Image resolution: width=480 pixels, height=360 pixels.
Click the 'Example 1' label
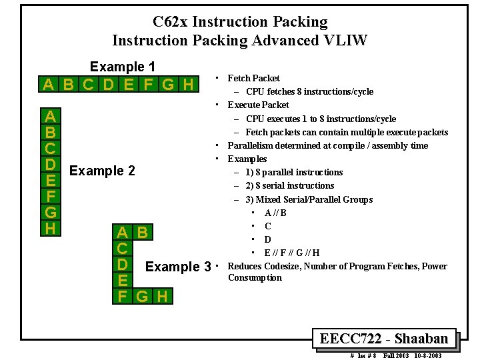point(123,67)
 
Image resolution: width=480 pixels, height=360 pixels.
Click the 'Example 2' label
point(102,171)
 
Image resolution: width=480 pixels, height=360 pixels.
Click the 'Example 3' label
point(178,267)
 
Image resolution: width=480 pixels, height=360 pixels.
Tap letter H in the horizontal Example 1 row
point(188,85)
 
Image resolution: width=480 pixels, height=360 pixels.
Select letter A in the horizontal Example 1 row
point(49,85)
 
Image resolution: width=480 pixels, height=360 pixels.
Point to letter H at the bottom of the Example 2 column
point(49,228)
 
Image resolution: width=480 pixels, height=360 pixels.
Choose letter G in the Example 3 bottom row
point(142,295)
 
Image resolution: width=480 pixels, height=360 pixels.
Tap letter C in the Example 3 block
point(123,249)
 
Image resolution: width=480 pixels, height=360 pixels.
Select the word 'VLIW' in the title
point(345,41)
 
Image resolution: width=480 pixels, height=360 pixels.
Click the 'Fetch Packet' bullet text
point(253,78)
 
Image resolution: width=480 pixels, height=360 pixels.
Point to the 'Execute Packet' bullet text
point(258,105)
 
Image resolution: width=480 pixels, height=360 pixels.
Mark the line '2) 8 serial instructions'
point(290,185)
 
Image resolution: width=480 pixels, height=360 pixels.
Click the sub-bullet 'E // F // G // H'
point(292,253)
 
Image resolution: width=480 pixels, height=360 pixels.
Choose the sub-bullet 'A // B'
point(275,213)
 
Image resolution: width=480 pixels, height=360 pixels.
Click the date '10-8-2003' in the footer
point(427,355)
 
